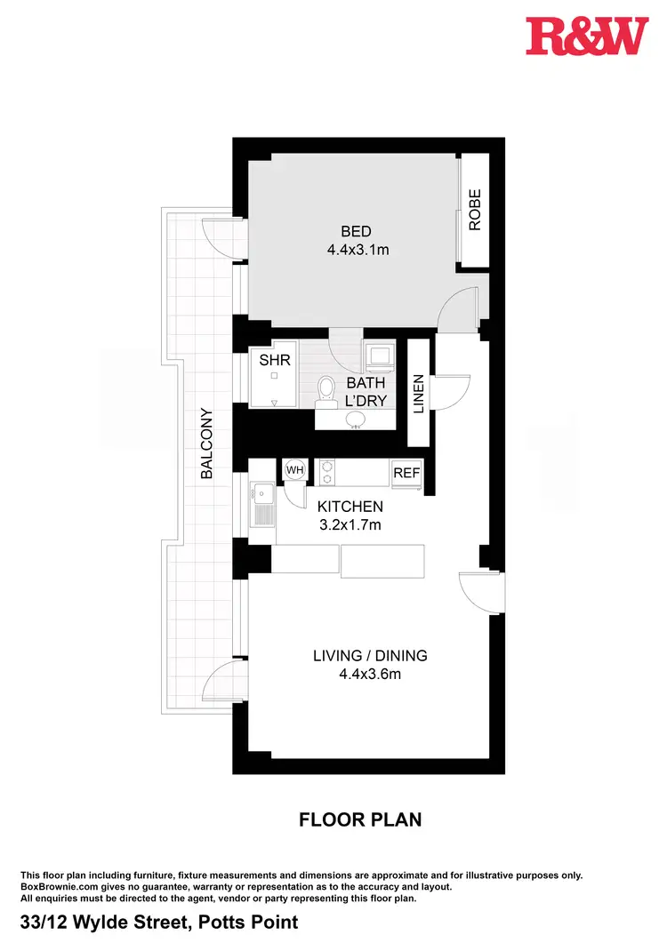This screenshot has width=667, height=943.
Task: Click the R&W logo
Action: [586, 36]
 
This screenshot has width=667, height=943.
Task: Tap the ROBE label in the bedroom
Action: [475, 210]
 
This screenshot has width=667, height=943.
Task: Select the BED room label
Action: [356, 232]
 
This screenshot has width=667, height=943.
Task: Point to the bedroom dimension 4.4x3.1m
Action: [358, 250]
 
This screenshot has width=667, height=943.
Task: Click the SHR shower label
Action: [270, 362]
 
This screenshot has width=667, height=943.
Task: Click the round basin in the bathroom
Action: [357, 418]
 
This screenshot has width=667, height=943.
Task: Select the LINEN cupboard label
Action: [419, 395]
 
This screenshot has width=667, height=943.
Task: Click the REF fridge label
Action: [406, 473]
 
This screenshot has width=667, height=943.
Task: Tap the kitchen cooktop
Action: [326, 472]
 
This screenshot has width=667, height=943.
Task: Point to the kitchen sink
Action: [262, 505]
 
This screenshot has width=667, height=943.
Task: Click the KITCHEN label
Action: [350, 507]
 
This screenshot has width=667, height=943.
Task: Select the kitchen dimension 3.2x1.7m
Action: [350, 524]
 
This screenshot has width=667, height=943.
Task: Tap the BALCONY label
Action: [206, 444]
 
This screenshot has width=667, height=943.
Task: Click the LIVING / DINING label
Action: [370, 656]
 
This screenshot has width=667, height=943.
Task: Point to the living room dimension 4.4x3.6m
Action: [370, 674]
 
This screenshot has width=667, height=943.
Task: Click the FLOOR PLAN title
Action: [360, 819]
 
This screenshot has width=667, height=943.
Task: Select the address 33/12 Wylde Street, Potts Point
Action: [159, 922]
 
